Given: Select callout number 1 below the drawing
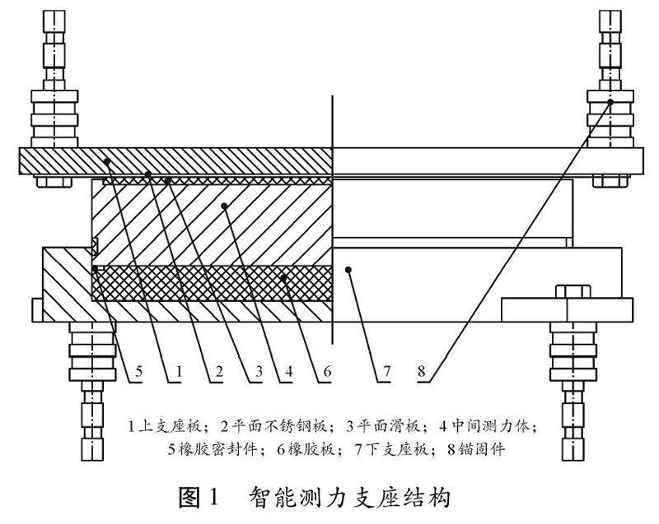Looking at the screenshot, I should click(x=177, y=373).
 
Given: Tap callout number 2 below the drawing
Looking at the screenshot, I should click(x=217, y=373).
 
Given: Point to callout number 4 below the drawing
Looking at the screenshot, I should click(x=289, y=373).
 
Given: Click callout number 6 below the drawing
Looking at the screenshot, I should click(x=326, y=373).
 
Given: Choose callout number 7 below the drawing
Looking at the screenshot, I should click(x=384, y=373).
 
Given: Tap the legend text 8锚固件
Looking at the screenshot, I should click(x=478, y=449).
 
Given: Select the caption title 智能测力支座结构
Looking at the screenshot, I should click(x=350, y=497).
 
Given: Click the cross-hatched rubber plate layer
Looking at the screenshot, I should click(x=214, y=281).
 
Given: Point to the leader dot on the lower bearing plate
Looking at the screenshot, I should click(x=350, y=267).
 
